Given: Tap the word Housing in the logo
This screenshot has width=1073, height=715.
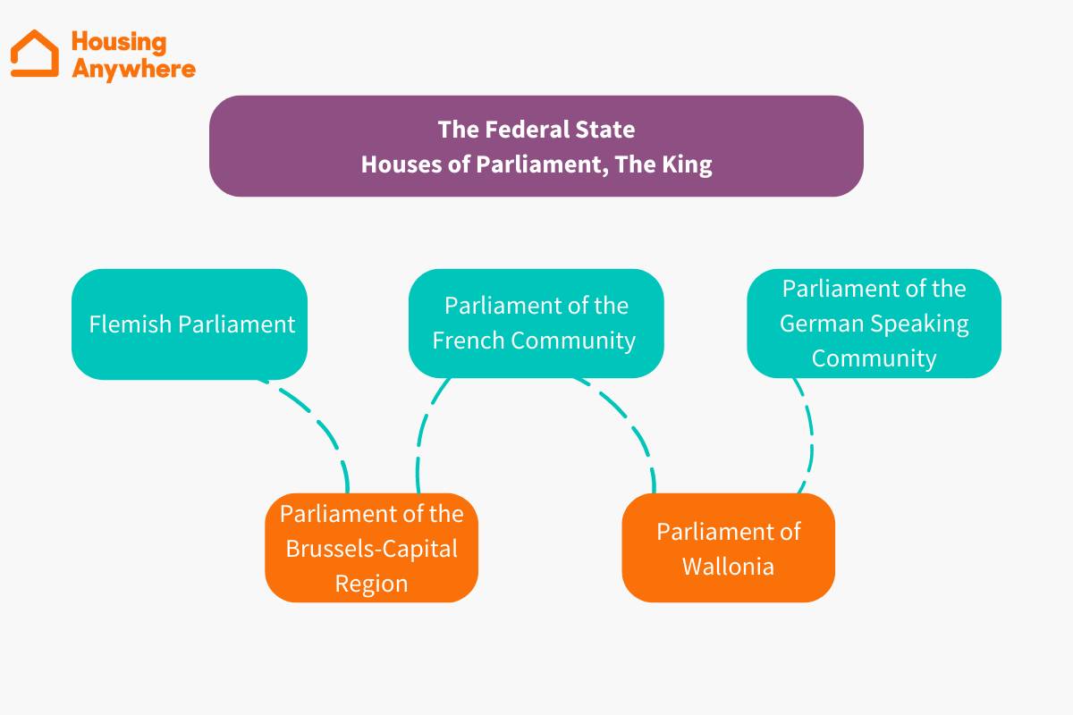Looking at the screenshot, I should pos(118,42).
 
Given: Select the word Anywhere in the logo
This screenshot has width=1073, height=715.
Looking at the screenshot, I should pos(133,69).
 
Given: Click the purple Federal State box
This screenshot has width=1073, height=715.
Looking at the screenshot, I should pos(536,146).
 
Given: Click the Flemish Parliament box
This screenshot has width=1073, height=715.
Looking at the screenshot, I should pos(190,324).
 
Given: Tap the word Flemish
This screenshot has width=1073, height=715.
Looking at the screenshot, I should pos(131,324).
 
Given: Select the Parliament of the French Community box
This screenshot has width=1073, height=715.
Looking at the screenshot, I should pos(536,323).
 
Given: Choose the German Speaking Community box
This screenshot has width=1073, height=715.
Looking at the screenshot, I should pos(874,323).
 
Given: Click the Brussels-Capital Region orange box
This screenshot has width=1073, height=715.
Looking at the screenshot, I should pos(371,548).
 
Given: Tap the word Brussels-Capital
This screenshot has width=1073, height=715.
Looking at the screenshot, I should pos(371,548).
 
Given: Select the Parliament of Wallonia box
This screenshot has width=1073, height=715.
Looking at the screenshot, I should pos(728,548).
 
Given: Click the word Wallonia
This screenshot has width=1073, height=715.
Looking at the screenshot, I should pos(728,566).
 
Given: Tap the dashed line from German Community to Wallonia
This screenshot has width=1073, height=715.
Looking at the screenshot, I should pos(809,438).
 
